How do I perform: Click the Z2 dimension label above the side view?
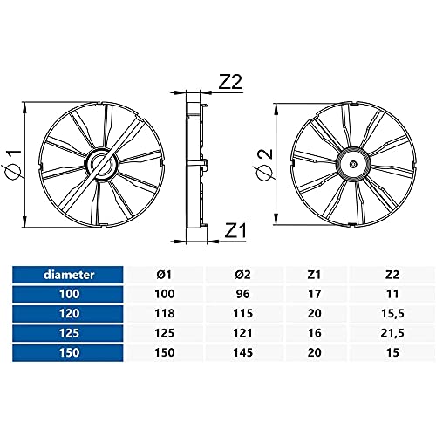(230, 82)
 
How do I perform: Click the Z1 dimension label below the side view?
(235, 230)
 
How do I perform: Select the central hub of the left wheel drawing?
(102, 165)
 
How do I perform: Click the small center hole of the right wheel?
(353, 165)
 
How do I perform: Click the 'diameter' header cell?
(69, 275)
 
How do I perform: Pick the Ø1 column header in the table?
(165, 275)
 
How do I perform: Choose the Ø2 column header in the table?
(242, 275)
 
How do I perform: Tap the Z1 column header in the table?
(314, 275)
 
